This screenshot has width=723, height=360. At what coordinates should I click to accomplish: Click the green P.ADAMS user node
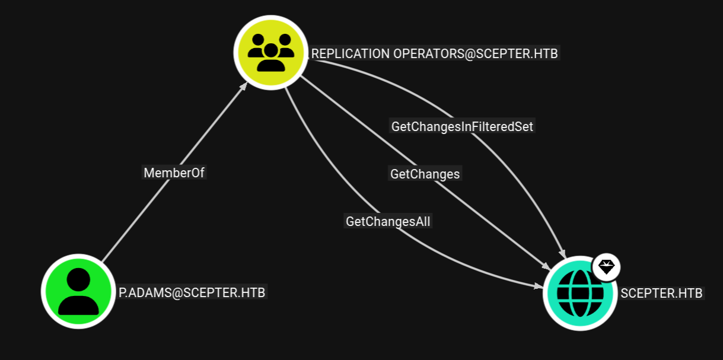point(78,291)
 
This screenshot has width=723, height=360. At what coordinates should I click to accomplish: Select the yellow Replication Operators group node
point(271,52)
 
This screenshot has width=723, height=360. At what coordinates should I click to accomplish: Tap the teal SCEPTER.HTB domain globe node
point(580,293)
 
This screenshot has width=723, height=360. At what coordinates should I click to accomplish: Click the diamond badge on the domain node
point(606,267)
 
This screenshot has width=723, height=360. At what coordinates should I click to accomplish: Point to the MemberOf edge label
point(174,173)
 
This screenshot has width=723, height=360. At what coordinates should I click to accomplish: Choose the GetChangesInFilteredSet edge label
point(462,126)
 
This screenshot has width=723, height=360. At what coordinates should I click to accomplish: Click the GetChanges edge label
point(425,174)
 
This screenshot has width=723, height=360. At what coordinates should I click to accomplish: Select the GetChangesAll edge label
point(388,221)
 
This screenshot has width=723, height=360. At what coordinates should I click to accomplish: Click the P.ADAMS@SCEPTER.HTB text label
point(192,292)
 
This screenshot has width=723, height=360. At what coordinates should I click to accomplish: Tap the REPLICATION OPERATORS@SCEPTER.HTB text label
point(434,53)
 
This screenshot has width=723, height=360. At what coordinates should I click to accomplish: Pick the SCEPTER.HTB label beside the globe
point(662,293)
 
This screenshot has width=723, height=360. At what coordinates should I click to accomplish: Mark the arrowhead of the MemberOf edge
point(244,86)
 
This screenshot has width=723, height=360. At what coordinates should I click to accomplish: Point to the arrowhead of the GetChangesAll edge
point(539,286)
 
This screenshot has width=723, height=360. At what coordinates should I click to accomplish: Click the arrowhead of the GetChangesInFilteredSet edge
point(563,253)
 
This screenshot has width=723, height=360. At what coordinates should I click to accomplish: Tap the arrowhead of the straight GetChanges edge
point(546,267)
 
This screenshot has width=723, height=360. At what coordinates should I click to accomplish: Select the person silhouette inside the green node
point(78,291)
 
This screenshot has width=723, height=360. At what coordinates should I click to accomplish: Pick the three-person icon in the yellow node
point(271,52)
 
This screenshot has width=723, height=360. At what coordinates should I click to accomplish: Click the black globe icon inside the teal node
point(580,293)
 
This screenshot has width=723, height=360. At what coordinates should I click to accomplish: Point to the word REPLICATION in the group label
point(351,53)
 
